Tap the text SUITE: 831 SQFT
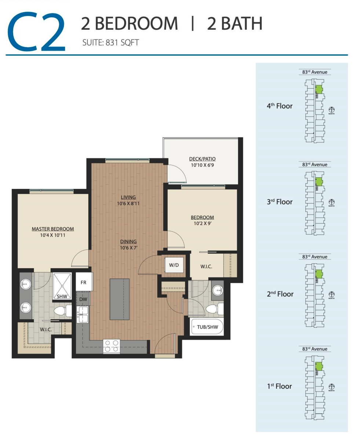point(110,43)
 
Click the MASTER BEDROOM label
point(52,229)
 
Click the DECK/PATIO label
point(202,159)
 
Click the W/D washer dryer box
point(174,265)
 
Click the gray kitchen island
point(119,299)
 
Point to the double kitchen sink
point(83,315)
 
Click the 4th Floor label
point(279,106)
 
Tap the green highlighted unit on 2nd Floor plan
point(319,274)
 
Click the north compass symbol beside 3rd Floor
point(332,202)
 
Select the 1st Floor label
point(279,386)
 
